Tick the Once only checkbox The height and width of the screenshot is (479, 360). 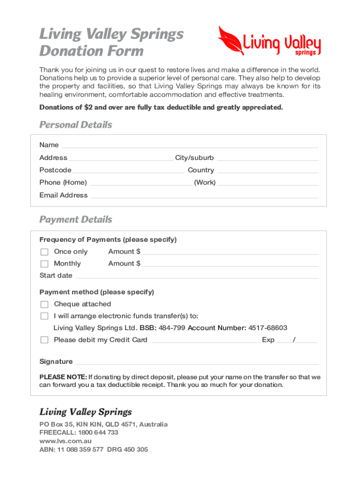pos(44,252)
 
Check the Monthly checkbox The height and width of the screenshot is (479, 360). pos(44,264)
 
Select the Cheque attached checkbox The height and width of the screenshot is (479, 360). pos(44,305)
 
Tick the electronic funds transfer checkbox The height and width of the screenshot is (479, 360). pos(44,316)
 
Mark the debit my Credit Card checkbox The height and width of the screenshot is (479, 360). pos(44,340)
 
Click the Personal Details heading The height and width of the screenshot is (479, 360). pos(76,125)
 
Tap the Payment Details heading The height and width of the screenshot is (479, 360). pos(76,219)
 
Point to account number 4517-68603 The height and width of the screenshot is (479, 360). pos(268,328)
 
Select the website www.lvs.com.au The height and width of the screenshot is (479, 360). pos(65,441)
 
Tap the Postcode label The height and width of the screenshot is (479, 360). pos(55,170)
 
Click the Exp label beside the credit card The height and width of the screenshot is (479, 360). pos(268,340)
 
